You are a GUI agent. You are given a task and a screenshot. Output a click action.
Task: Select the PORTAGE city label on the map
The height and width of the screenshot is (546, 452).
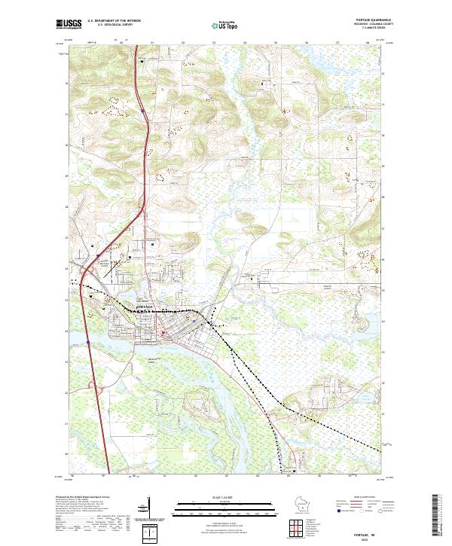coord(145,307)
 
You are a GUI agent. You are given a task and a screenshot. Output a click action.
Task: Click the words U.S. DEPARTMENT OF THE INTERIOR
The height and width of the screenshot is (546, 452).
coord(114,21)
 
